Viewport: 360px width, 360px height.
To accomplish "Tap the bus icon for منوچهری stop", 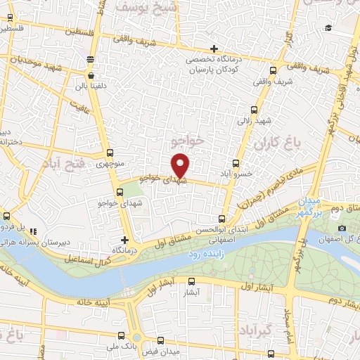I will [110, 153].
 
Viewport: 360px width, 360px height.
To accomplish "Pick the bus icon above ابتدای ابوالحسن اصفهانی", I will [222, 219].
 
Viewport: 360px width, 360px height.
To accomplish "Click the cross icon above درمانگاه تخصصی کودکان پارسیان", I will [214, 49].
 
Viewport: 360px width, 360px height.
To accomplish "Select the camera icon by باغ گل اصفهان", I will [342, 228].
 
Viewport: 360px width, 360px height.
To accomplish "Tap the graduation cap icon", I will [328, 28].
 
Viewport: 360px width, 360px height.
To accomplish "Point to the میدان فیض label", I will [166, 351].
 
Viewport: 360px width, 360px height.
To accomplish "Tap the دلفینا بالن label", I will [91, 88].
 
